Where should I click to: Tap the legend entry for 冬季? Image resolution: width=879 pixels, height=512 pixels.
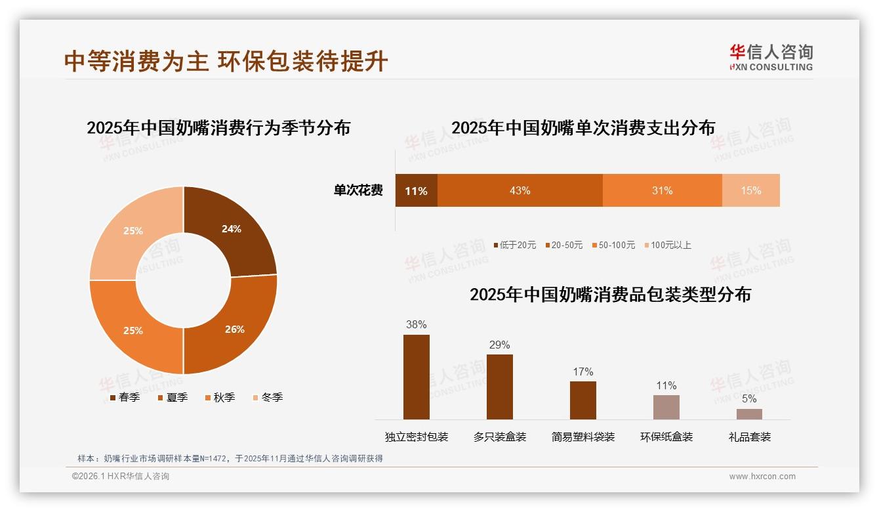click(268, 397)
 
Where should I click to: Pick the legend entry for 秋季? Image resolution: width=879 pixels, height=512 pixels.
click(220, 397)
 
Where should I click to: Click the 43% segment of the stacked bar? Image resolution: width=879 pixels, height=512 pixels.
click(520, 190)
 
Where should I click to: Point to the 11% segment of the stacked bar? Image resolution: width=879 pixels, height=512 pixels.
click(416, 190)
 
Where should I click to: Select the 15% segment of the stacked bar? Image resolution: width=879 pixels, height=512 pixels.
click(750, 190)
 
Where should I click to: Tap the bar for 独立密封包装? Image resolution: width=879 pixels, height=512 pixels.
click(416, 377)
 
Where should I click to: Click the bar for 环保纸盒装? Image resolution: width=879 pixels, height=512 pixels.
click(666, 407)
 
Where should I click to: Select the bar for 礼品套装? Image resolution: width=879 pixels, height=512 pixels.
click(749, 414)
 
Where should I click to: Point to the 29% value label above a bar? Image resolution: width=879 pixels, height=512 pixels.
click(499, 345)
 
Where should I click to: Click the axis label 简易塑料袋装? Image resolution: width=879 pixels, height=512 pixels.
click(583, 437)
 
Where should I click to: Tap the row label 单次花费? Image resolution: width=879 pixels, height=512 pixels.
click(358, 190)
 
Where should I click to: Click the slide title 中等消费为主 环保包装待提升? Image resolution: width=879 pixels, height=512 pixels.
click(226, 61)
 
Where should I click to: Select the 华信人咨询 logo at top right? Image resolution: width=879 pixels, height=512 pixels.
click(771, 57)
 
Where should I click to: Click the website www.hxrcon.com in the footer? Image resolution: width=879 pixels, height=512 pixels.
click(762, 477)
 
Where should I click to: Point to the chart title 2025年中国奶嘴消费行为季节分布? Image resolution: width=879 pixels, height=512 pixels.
click(218, 127)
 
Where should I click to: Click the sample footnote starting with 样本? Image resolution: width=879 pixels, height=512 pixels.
click(230, 458)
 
